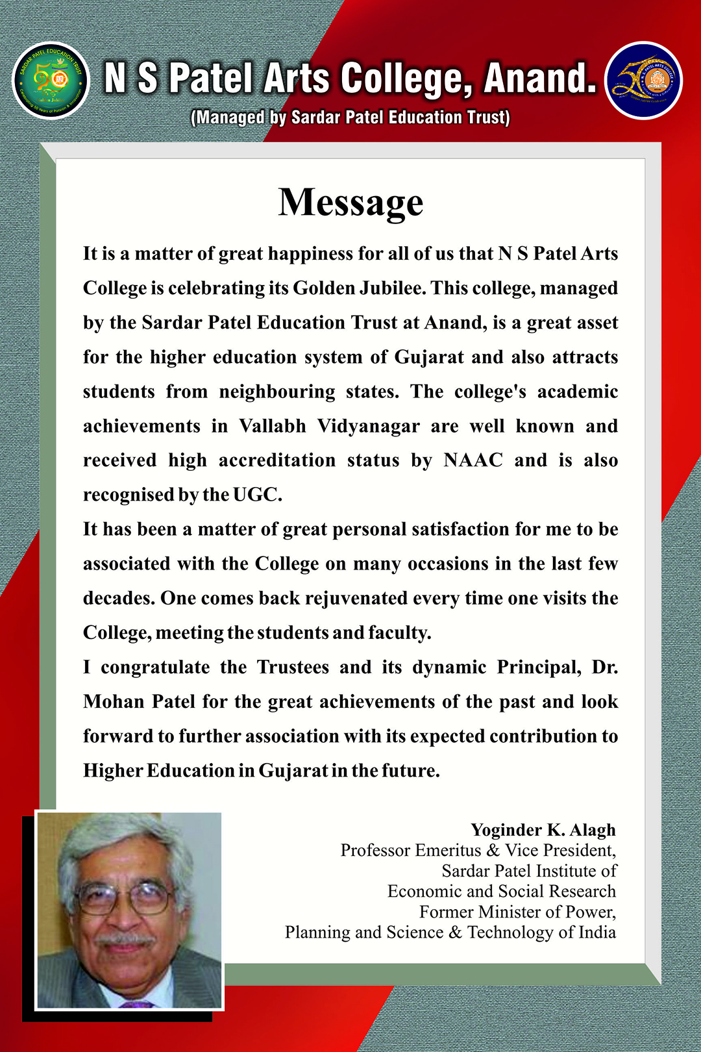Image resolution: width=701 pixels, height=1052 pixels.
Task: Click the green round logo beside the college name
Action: (x=51, y=81)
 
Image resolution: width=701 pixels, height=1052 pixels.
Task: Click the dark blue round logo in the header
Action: (x=643, y=81)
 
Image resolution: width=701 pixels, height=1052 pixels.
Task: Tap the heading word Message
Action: (x=350, y=202)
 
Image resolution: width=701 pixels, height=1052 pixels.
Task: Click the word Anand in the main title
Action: (x=540, y=78)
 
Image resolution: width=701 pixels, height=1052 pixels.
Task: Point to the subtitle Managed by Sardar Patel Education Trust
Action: (x=350, y=118)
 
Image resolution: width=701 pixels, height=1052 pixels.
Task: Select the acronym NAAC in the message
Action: (x=473, y=460)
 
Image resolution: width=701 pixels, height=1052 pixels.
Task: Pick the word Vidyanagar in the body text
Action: (x=368, y=426)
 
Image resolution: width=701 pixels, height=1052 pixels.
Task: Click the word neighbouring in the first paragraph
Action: (x=277, y=392)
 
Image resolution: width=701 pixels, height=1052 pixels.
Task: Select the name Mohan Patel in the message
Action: (x=139, y=701)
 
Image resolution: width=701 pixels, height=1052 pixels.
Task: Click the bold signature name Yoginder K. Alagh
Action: (x=543, y=830)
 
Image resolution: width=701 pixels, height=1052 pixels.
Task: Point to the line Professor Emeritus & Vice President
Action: (x=478, y=850)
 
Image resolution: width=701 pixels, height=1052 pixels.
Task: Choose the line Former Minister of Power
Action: (x=517, y=912)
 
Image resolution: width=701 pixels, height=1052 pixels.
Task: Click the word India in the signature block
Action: (x=597, y=933)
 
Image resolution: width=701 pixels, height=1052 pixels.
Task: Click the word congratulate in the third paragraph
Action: (x=155, y=667)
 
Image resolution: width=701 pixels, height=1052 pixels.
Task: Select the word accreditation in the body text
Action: (x=277, y=460)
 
